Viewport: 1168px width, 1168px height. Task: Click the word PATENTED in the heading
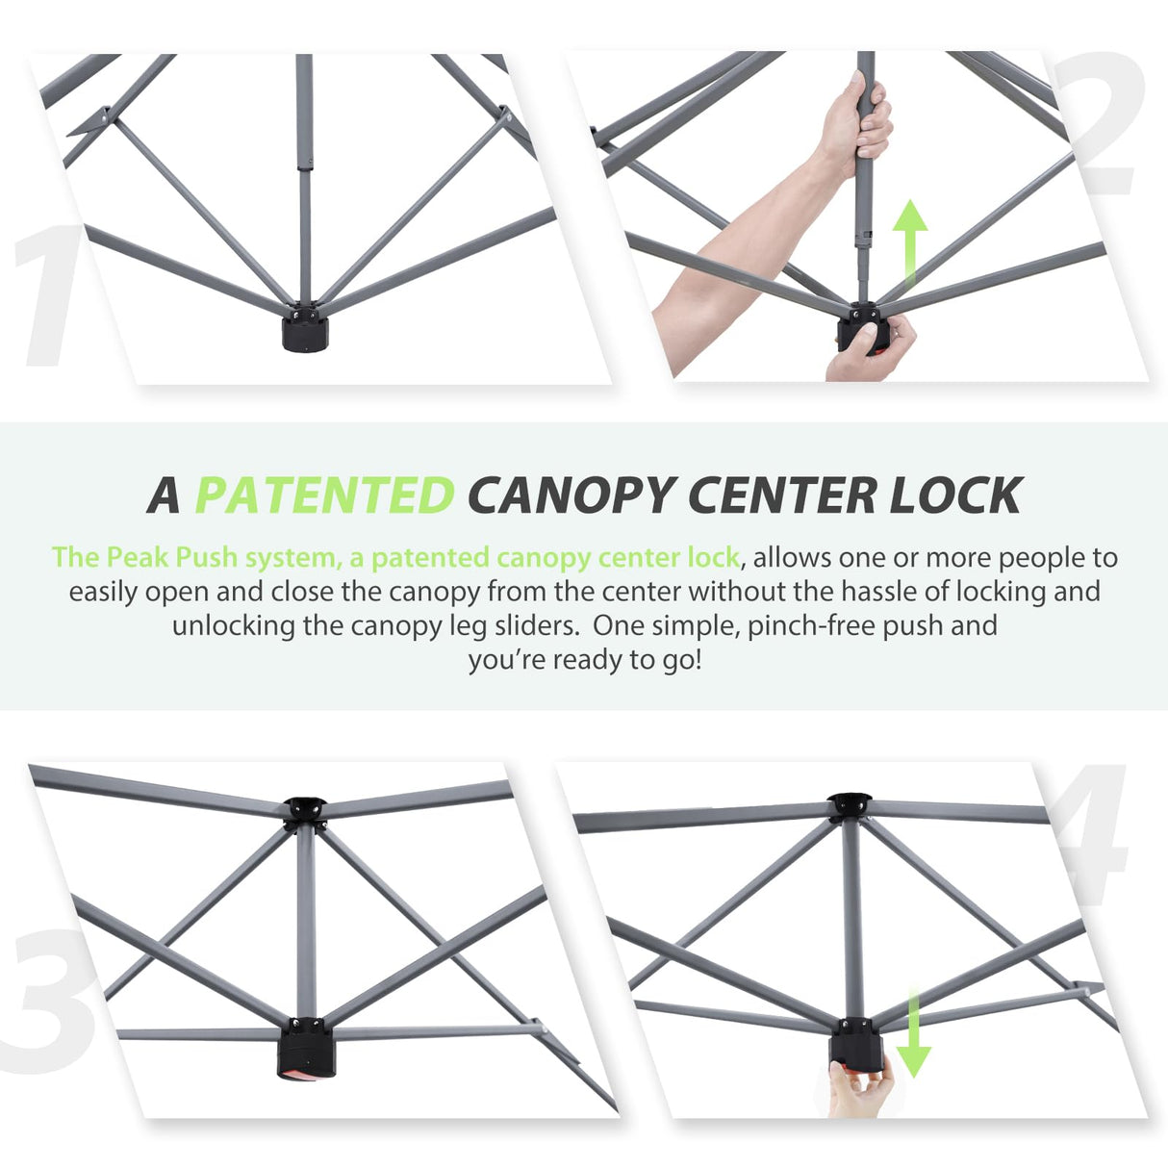pos(324,495)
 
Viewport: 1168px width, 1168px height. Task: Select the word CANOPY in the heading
pos(570,495)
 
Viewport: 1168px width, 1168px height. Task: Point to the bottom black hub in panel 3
pos(305,1049)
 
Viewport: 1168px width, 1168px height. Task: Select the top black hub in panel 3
pos(305,811)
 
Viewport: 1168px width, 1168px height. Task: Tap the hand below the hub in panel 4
pos(859,1087)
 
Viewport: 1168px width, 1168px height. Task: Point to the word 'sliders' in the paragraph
pos(534,625)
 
